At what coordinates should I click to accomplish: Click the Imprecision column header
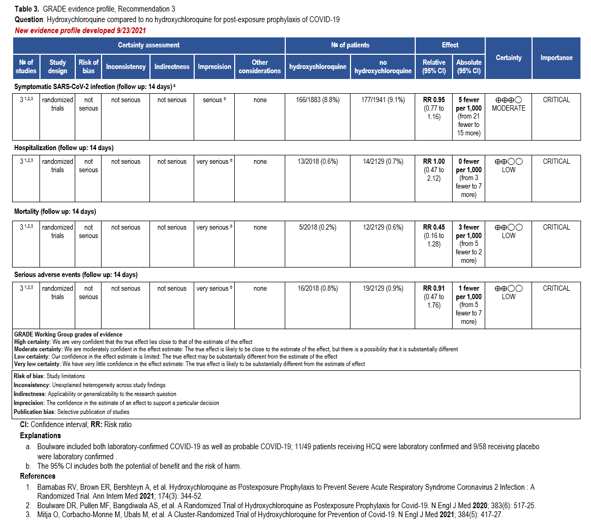214,67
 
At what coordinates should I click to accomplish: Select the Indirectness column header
172,67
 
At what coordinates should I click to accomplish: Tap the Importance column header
556,58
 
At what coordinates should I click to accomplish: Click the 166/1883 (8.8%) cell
318,100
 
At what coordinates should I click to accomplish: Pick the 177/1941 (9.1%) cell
383,100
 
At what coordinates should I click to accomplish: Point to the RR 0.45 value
434,228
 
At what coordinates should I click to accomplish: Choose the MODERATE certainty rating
508,108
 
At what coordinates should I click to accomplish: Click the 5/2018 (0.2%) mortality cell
318,228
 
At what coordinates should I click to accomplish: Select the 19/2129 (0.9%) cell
383,289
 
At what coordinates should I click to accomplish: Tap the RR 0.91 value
434,289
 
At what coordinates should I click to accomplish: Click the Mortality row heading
55,212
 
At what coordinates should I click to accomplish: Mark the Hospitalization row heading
64,148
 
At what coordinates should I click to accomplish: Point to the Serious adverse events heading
76,275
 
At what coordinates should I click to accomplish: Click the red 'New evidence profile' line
80,31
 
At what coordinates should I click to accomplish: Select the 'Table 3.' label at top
26,9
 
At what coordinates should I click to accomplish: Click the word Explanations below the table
40,436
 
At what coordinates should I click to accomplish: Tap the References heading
38,477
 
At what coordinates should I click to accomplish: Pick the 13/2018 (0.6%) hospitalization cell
318,162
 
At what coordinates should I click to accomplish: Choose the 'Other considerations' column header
260,67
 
